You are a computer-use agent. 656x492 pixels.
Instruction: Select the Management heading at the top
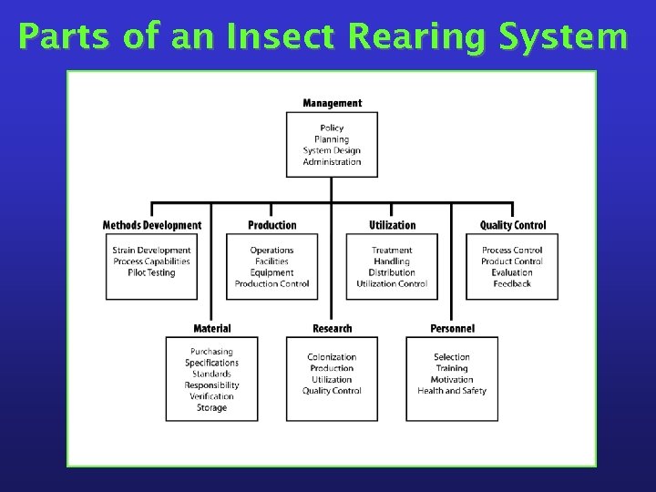coord(332,103)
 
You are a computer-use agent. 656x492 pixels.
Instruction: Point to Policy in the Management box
coord(332,128)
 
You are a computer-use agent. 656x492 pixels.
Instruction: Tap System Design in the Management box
coord(332,150)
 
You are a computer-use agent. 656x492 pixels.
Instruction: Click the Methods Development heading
coord(152,225)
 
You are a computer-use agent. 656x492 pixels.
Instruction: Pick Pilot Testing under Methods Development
coord(152,272)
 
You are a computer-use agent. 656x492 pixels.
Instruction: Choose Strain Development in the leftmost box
coord(152,250)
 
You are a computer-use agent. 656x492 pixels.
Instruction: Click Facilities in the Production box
coord(272,261)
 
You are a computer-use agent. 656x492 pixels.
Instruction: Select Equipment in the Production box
coord(272,272)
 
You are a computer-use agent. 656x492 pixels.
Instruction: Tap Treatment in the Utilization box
coord(392,250)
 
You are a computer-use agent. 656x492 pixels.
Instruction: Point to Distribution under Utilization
coord(392,272)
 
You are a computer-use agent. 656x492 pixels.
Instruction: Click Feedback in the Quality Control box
coord(512,283)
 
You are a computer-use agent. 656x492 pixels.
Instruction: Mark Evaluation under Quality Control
coord(512,272)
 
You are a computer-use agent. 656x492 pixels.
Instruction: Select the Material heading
coord(211,328)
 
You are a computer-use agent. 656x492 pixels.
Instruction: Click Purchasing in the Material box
coord(211,352)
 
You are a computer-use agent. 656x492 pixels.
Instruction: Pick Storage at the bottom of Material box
coord(211,407)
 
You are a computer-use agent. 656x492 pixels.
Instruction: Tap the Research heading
coord(332,328)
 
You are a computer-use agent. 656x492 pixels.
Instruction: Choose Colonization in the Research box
coord(332,357)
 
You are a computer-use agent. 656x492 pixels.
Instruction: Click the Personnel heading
coord(452,328)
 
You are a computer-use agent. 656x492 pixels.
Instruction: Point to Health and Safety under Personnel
coord(452,391)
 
